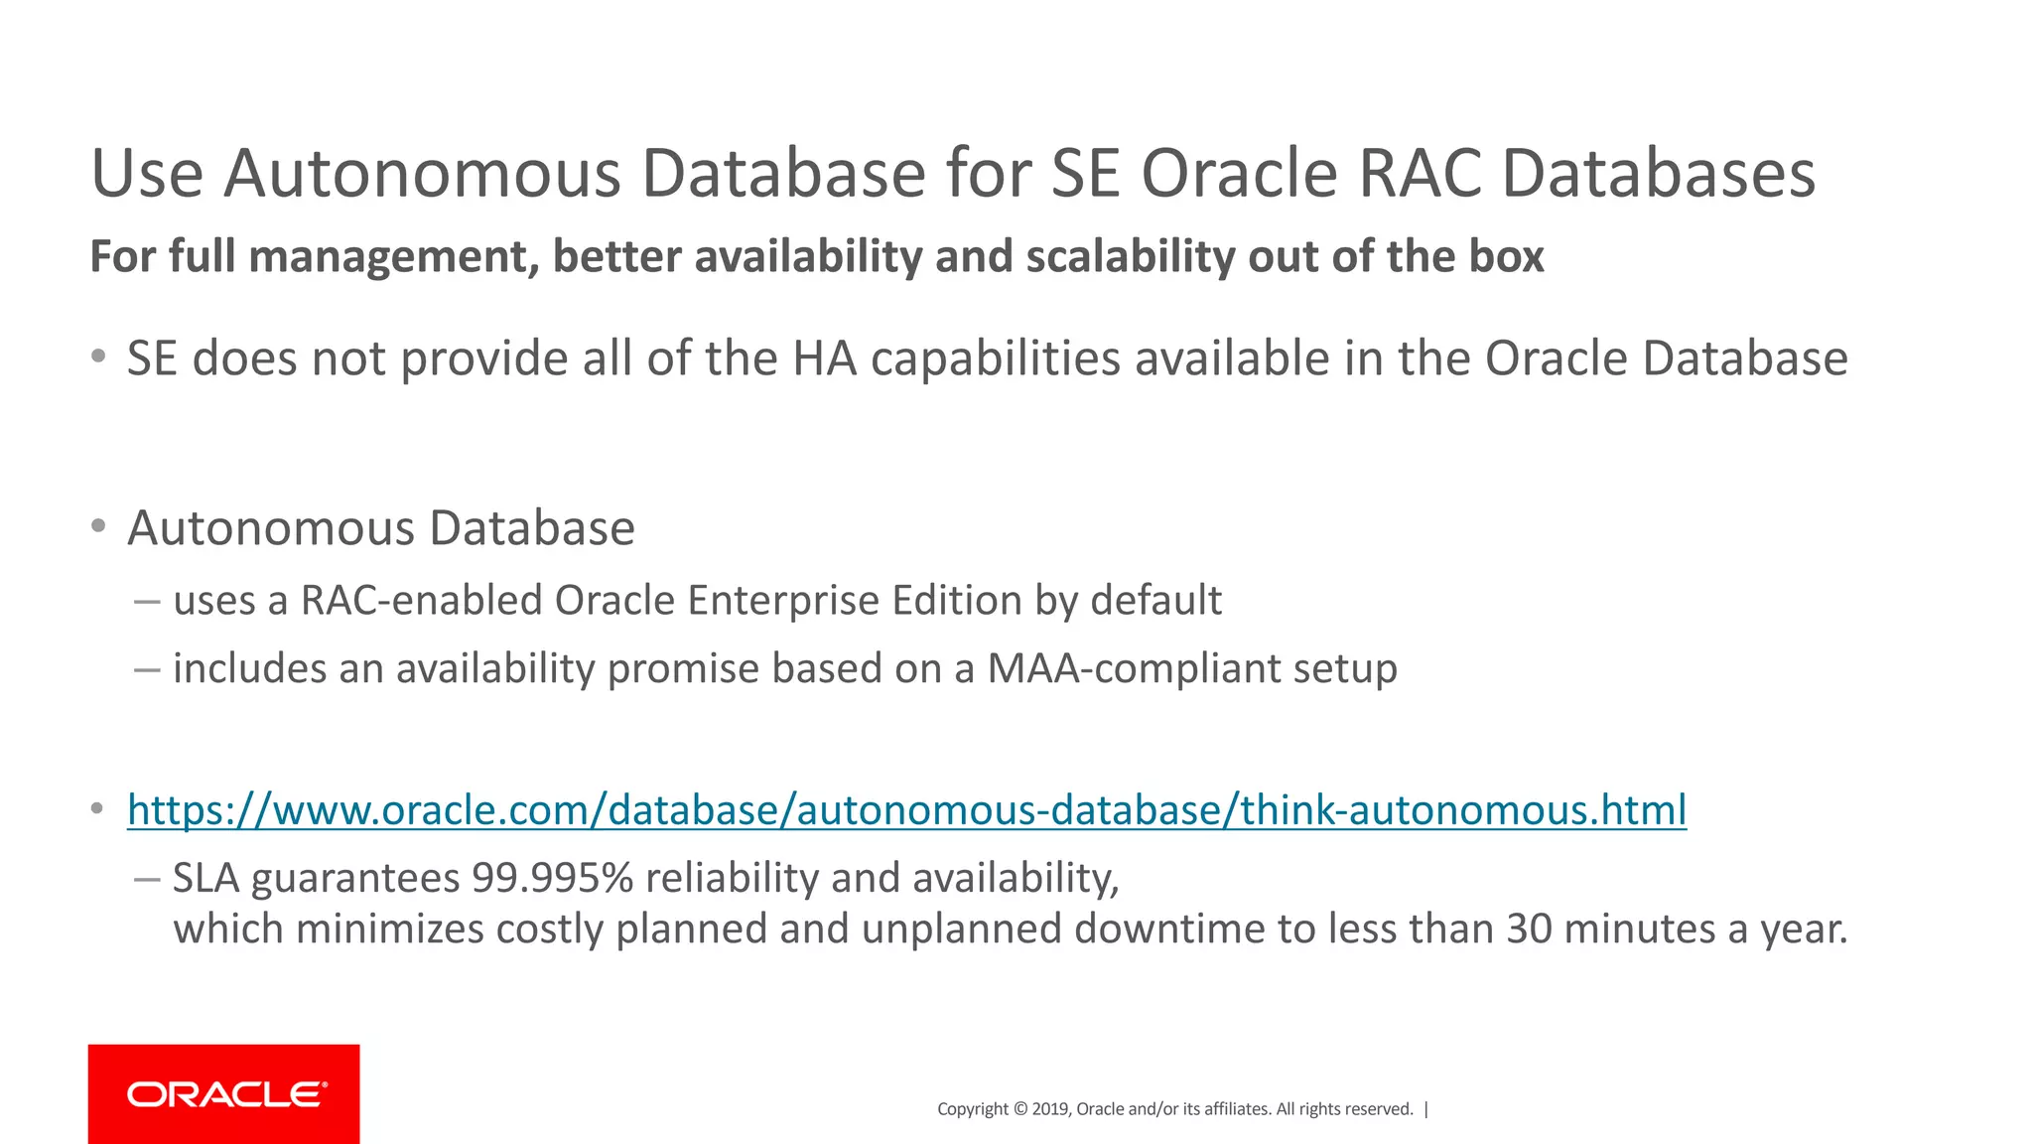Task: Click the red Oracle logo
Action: click(x=224, y=1094)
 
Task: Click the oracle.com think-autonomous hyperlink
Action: click(x=906, y=810)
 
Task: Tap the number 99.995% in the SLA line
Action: click(x=552, y=878)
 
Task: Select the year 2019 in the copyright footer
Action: click(x=1050, y=1109)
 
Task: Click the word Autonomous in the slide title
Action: click(x=424, y=174)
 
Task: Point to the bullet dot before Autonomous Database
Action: click(x=97, y=526)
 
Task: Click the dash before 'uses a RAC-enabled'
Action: click(x=147, y=602)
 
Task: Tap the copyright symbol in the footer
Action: click(x=1019, y=1109)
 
